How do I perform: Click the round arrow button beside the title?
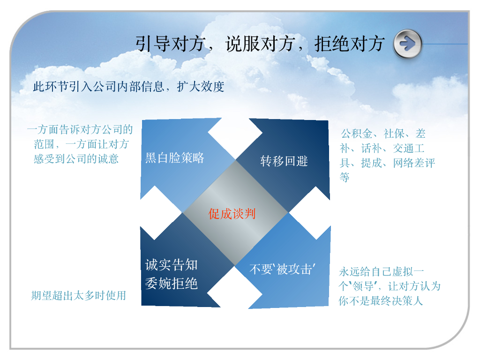408,44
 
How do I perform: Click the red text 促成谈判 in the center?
232,214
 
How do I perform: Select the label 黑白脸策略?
175,158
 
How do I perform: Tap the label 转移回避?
284,161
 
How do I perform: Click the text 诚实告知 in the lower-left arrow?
171,265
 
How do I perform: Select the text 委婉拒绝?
171,284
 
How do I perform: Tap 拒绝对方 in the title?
350,44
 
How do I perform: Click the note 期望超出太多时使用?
79,296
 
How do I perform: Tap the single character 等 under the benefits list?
345,177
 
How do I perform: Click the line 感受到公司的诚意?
76,159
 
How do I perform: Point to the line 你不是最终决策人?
381,301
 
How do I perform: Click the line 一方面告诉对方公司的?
80,129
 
